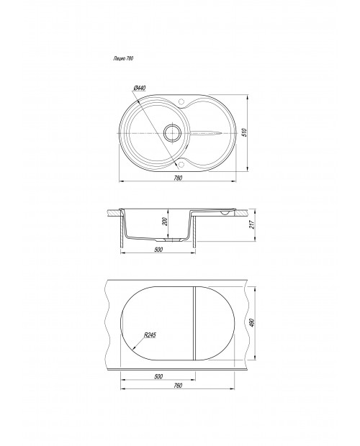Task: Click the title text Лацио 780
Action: point(123,58)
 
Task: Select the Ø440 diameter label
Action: point(140,88)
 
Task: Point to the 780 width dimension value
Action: point(178,178)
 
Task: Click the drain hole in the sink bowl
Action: point(172,133)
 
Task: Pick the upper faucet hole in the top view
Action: point(181,101)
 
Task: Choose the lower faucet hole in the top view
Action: point(181,164)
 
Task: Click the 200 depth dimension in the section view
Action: point(164,222)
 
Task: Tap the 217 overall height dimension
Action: point(251,225)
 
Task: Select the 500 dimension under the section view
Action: point(158,250)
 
